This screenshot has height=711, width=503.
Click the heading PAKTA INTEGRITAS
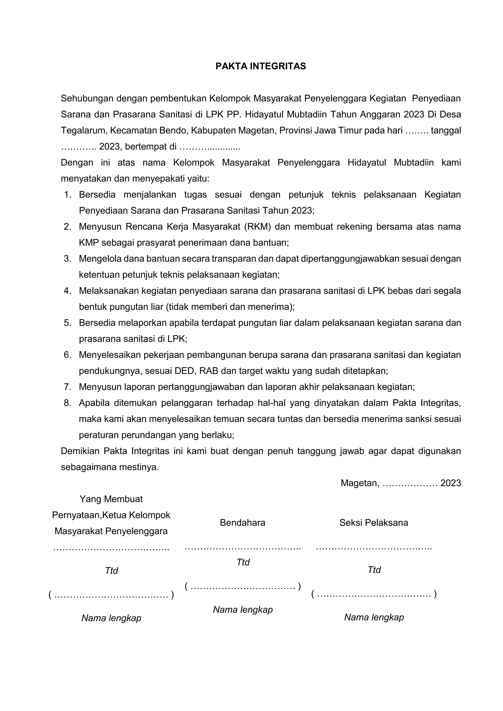point(261,66)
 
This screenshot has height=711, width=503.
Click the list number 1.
point(68,195)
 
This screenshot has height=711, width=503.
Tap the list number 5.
point(68,323)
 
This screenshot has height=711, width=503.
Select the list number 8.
point(68,403)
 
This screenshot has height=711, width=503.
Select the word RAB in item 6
point(209,371)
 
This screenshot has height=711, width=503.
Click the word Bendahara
point(242,523)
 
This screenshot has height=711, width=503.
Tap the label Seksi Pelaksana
point(374,523)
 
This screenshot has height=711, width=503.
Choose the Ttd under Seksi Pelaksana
point(374,570)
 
